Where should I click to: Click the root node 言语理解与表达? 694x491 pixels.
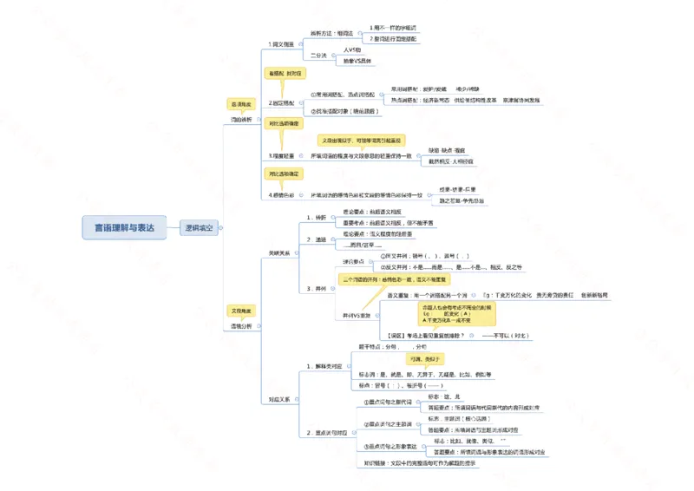[124, 228]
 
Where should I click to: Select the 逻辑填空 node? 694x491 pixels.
[200, 228]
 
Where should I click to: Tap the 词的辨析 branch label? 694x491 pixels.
[241, 120]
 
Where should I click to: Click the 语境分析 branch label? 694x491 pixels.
[241, 326]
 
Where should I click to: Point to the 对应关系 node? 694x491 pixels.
[280, 400]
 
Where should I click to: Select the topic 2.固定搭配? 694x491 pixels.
[286, 102]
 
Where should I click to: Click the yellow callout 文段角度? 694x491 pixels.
[241, 310]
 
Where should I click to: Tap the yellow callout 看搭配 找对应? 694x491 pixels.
[287, 75]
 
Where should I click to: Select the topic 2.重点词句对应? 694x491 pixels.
[327, 431]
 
